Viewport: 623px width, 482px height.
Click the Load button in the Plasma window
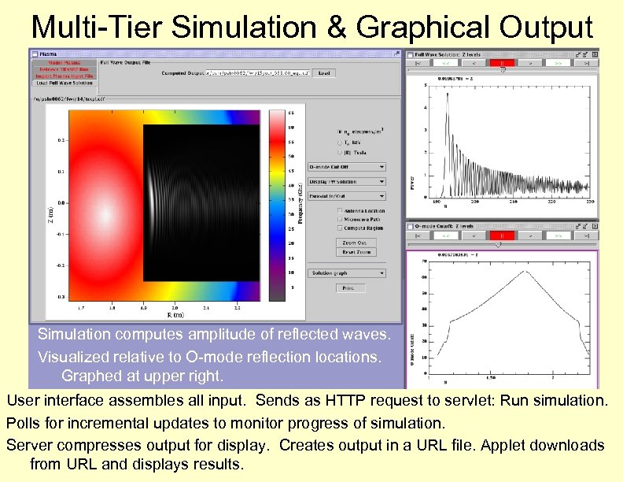[x=324, y=72]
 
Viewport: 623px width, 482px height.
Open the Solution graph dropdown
[x=346, y=273]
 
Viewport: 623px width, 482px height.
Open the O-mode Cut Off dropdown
[x=346, y=167]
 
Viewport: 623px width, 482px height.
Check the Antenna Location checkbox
[x=339, y=210]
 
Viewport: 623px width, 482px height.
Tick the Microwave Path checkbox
[x=339, y=219]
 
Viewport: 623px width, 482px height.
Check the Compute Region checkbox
[x=339, y=228]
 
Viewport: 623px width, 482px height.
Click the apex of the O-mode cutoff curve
[x=525, y=272]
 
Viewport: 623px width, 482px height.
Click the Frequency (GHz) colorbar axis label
[x=300, y=205]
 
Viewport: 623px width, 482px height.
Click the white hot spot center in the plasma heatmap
[x=105, y=213]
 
